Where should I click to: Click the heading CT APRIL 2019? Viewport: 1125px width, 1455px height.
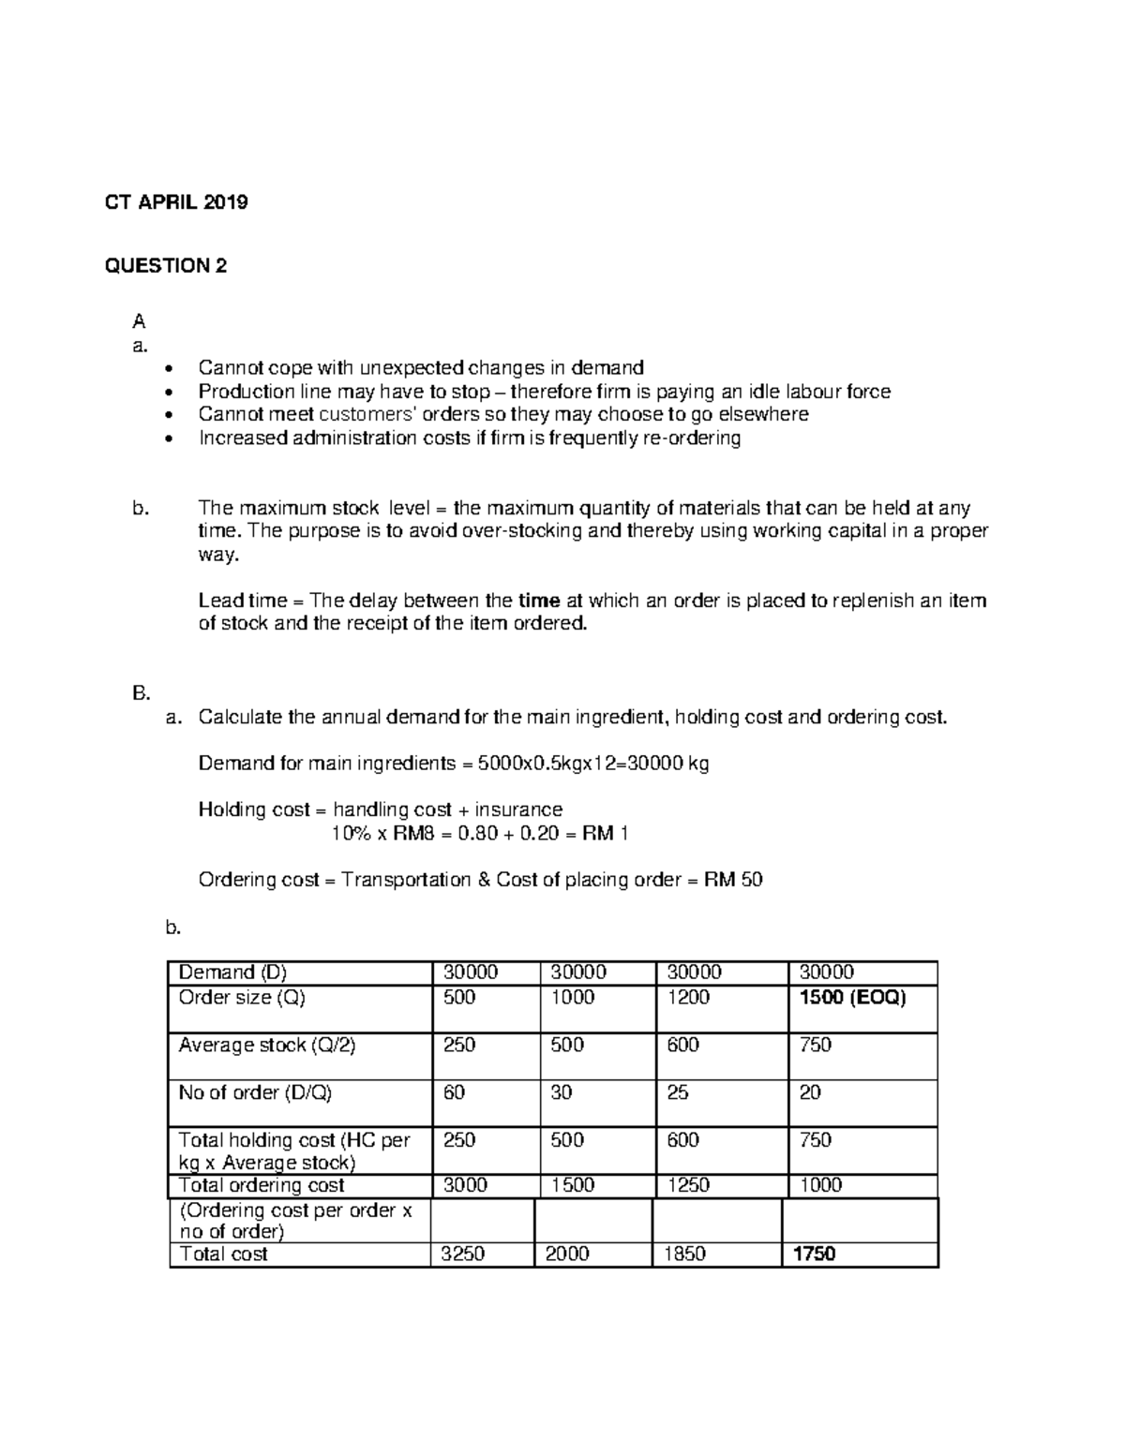(x=175, y=203)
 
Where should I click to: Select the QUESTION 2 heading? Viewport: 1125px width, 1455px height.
(x=165, y=266)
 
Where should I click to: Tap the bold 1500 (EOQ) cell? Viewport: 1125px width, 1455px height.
(x=851, y=998)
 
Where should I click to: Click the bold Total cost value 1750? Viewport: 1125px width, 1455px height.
(x=814, y=1254)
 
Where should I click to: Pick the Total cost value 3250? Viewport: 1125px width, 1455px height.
(x=464, y=1254)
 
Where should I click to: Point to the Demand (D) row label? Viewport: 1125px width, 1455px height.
(x=233, y=972)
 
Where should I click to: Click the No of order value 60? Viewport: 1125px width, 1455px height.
(x=454, y=1092)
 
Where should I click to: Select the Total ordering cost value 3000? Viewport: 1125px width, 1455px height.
(x=465, y=1185)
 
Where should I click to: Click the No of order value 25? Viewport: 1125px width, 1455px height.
(x=678, y=1092)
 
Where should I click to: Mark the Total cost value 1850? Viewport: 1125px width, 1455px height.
(x=684, y=1254)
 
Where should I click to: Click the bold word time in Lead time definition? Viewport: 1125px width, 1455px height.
(x=539, y=601)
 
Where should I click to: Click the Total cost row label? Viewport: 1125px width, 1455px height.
(x=223, y=1254)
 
